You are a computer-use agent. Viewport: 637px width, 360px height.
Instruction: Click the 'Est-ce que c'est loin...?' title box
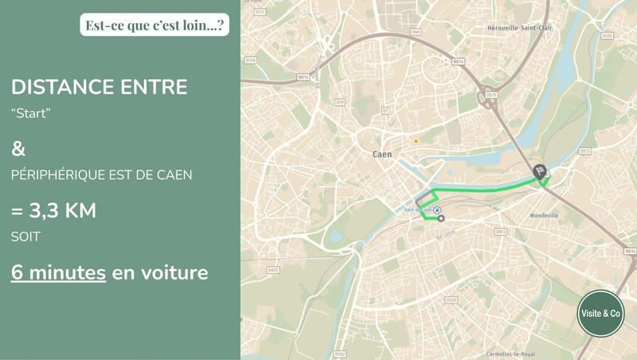tap(154, 25)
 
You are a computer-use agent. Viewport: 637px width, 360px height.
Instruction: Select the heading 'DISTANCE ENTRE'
tap(100, 87)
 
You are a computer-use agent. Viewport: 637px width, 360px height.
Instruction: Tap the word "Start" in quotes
tap(31, 114)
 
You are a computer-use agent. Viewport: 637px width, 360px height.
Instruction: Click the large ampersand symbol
tap(18, 149)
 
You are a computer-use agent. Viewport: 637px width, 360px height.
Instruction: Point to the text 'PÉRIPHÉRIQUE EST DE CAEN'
tap(102, 174)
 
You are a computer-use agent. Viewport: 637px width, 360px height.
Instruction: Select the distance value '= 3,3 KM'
tap(54, 211)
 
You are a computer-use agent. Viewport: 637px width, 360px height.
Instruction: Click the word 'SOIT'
tap(25, 237)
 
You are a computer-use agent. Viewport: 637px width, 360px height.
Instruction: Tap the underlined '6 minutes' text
tap(58, 272)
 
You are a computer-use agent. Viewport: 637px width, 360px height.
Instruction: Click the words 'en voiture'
tap(160, 272)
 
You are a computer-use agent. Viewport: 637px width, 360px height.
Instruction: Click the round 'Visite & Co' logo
tap(600, 314)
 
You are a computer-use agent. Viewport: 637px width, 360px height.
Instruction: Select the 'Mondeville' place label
tap(544, 215)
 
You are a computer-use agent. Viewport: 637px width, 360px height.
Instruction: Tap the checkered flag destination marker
tap(540, 170)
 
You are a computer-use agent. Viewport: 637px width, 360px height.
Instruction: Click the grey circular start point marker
tap(441, 218)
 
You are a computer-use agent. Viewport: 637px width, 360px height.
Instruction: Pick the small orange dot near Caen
tap(415, 141)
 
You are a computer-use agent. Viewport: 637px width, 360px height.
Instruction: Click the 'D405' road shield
tap(273, 270)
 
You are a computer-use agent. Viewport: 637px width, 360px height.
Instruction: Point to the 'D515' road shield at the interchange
tap(491, 94)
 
